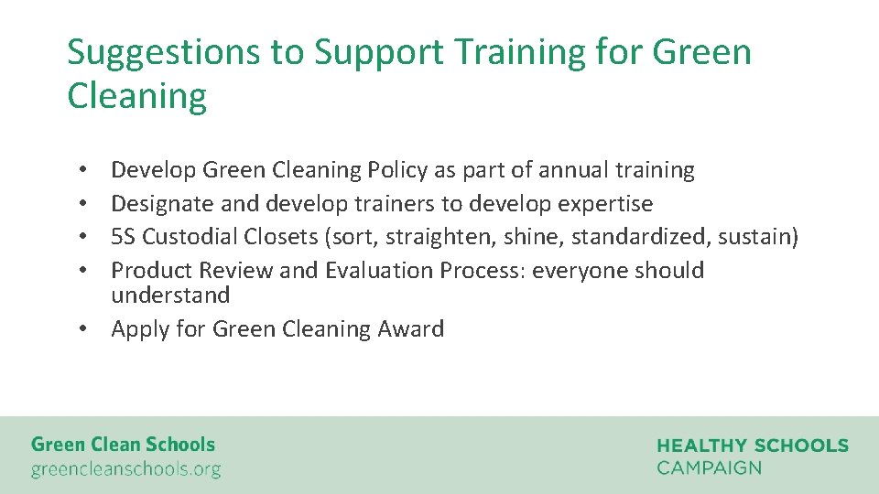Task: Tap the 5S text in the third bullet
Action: click(x=123, y=237)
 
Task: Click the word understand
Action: click(x=170, y=295)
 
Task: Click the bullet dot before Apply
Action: click(x=82, y=329)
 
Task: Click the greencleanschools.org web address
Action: click(x=125, y=470)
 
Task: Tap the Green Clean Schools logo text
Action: click(x=123, y=445)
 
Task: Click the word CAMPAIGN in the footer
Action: click(x=709, y=467)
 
